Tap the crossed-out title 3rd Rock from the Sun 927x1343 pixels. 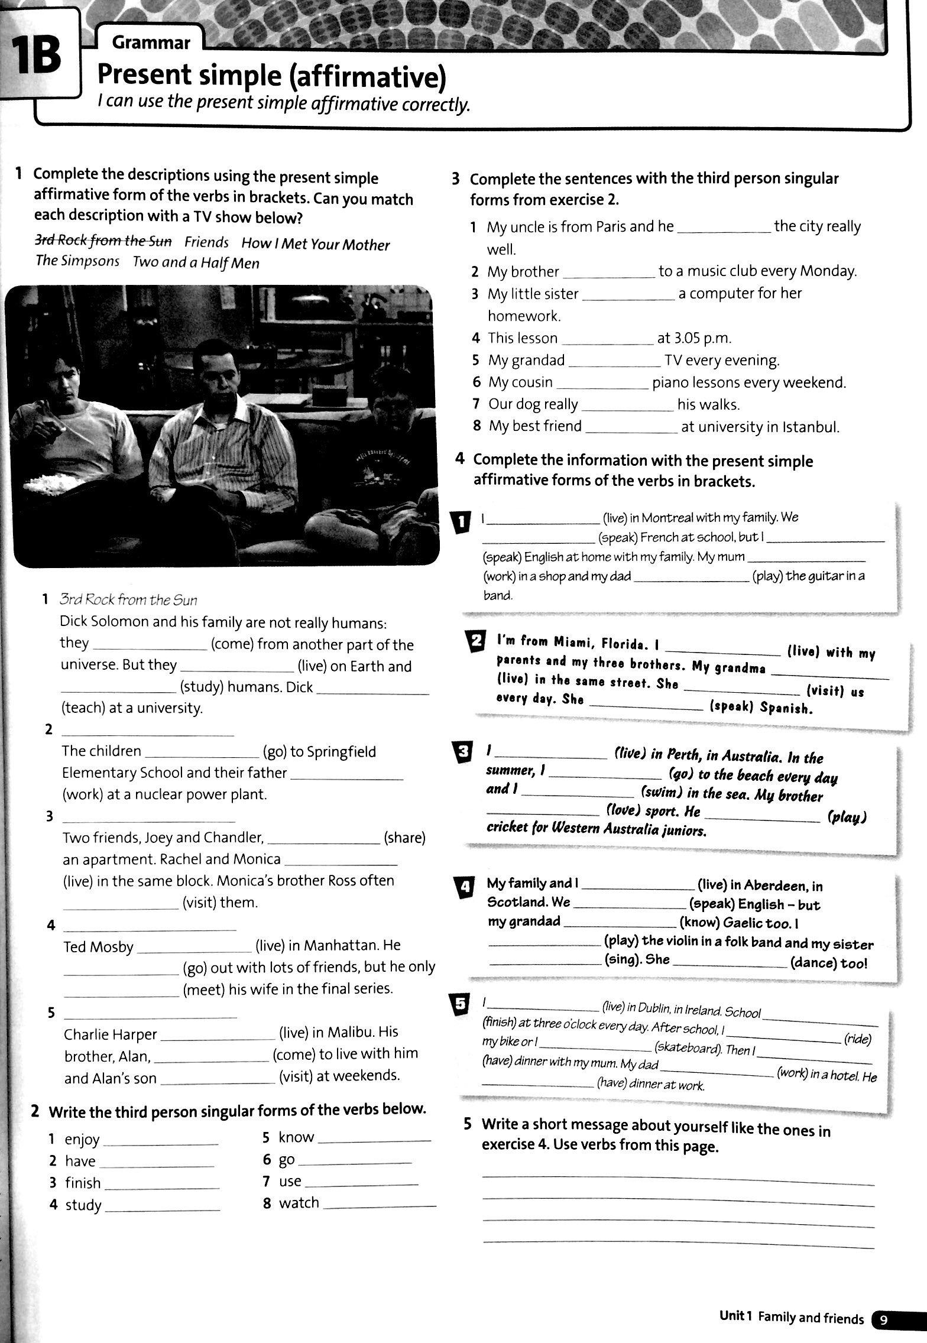103,241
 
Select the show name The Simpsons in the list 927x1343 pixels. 77,261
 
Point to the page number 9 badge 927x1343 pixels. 884,1318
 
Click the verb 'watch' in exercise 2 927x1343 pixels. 299,1202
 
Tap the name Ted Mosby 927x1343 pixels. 99,947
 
